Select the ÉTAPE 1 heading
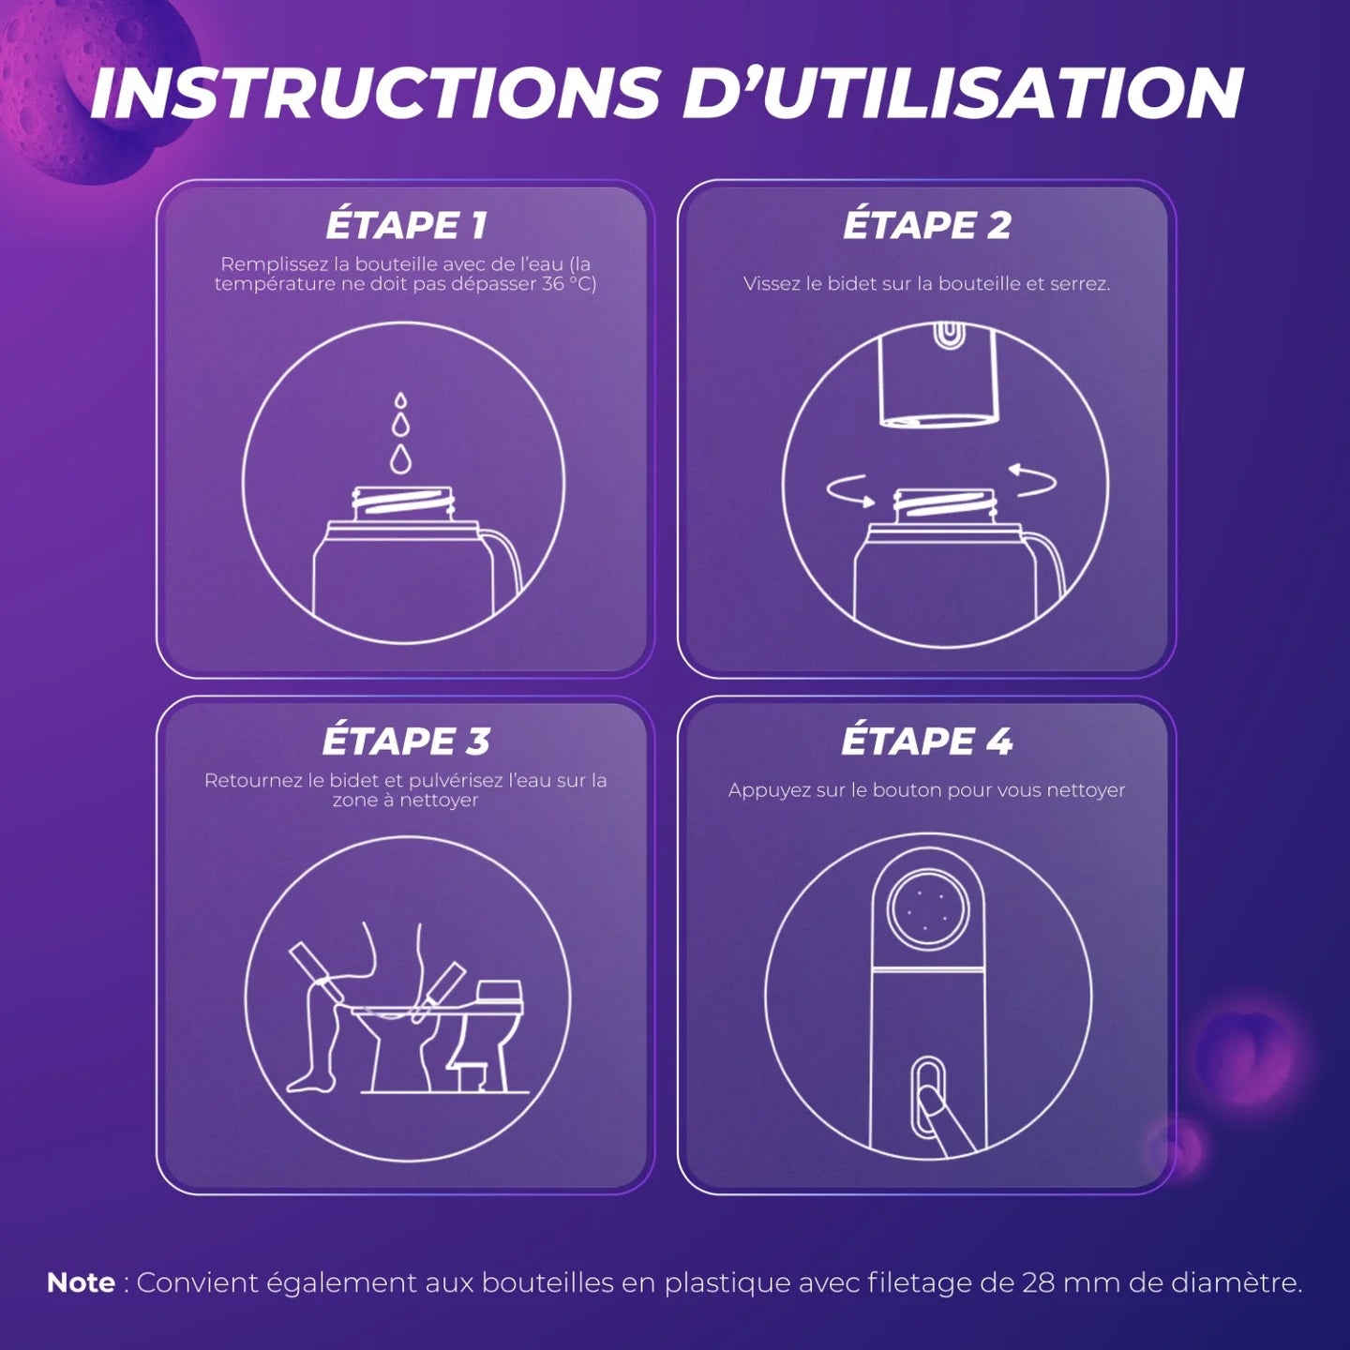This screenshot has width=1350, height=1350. [x=406, y=226]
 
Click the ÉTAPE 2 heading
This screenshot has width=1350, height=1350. [x=927, y=226]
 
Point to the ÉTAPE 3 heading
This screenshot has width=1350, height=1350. [x=406, y=742]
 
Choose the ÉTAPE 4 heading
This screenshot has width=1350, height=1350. [x=927, y=742]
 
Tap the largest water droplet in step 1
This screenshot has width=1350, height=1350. [x=400, y=458]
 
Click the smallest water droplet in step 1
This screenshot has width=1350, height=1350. [x=400, y=400]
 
